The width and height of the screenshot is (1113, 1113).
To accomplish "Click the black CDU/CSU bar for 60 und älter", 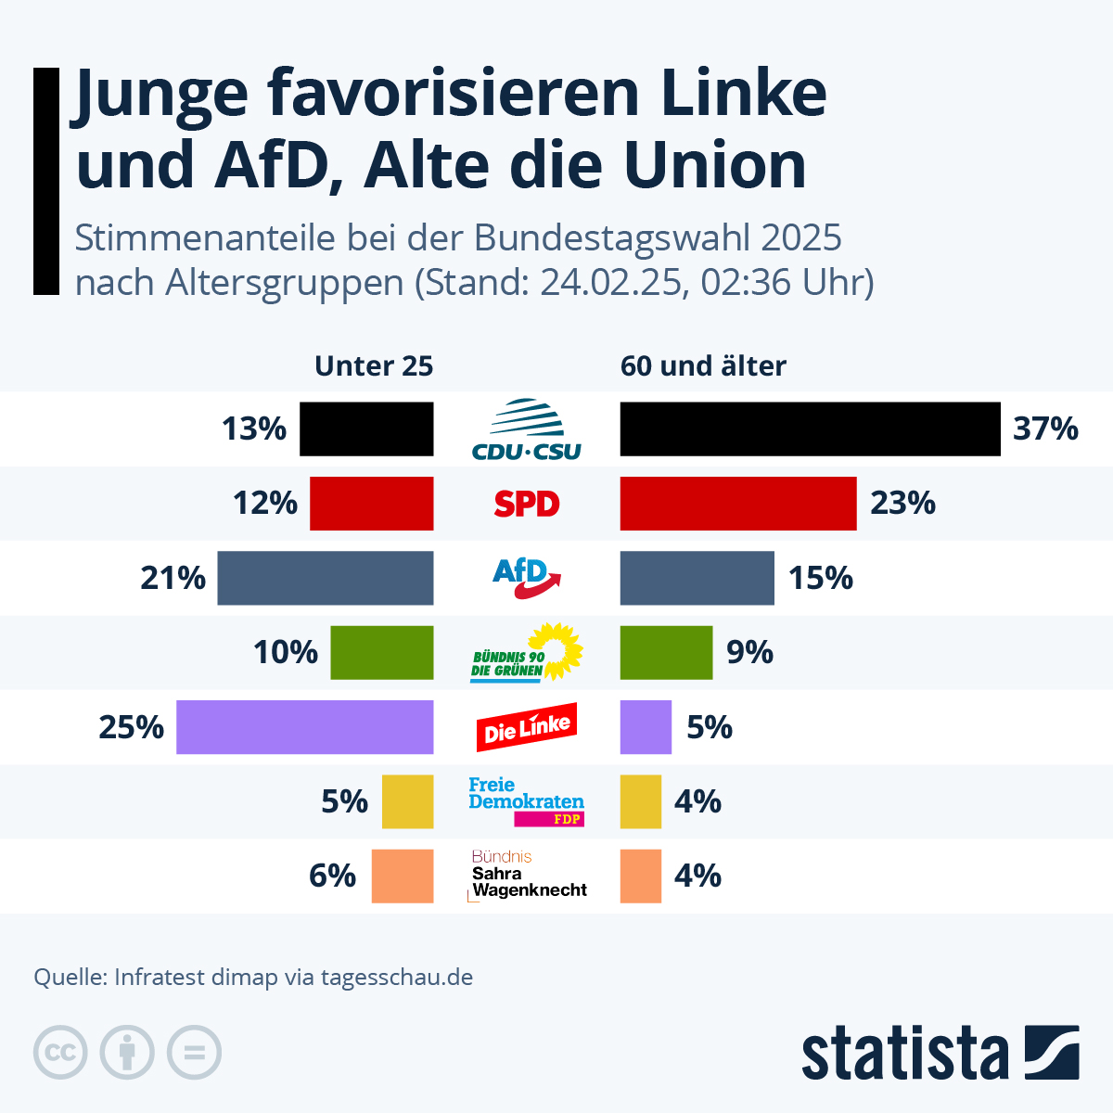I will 810,429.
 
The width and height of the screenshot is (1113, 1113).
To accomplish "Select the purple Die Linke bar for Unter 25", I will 304,727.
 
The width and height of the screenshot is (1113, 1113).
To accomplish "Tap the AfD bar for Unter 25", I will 325,578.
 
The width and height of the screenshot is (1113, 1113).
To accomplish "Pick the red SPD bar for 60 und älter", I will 738,504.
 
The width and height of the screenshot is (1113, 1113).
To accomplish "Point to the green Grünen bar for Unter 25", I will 381,653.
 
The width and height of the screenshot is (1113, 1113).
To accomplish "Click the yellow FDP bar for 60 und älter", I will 641,801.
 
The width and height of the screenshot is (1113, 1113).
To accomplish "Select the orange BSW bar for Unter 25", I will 402,876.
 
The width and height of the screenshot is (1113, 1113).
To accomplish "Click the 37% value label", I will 1045,429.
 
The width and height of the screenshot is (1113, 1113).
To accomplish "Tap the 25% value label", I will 132,727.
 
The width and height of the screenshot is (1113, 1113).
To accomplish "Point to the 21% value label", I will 173,578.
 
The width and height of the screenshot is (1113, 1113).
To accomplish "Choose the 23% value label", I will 902,504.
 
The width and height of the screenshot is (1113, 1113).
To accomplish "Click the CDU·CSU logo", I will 527,430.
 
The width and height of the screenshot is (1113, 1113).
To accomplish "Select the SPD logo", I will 527,504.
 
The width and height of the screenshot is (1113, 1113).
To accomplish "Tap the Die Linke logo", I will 527,727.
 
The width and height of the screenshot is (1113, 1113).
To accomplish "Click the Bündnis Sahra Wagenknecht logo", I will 527,876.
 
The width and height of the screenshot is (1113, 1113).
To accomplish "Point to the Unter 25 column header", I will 374,366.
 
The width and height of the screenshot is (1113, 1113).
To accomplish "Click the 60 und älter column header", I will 703,366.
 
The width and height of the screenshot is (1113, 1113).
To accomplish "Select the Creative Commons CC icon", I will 60,1053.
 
